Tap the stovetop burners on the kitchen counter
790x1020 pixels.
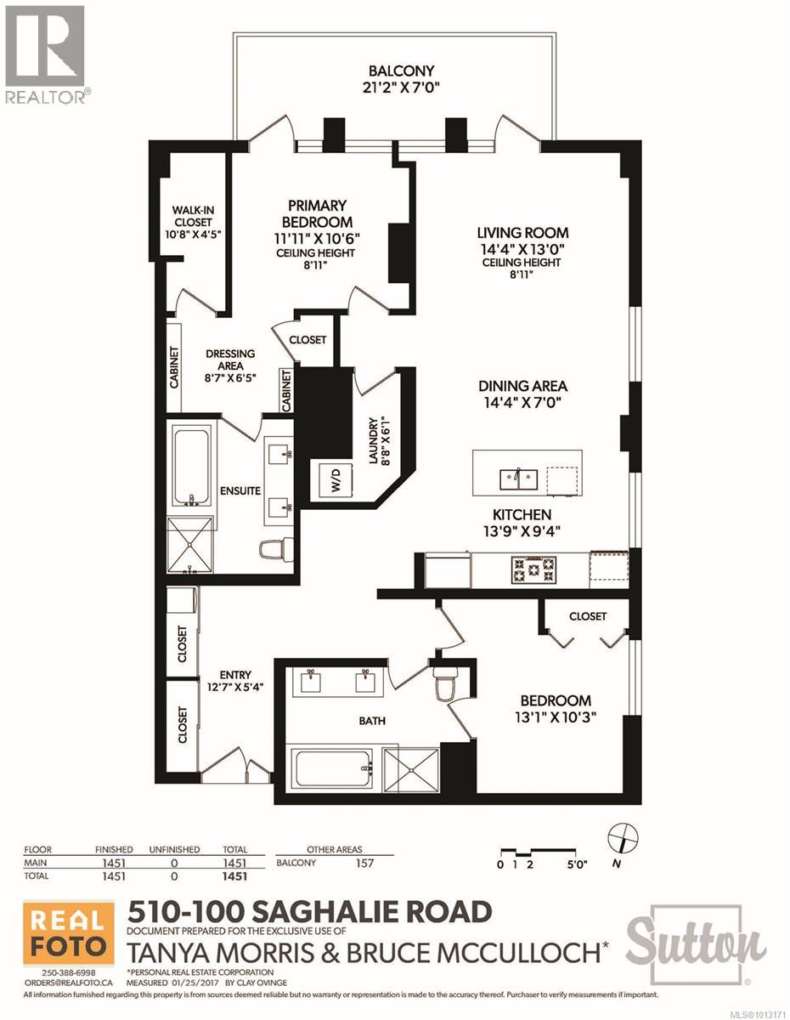[x=534, y=569]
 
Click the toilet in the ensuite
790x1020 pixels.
[x=277, y=550]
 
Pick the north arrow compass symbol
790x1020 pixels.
[x=623, y=838]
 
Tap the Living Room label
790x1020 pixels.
[x=522, y=233]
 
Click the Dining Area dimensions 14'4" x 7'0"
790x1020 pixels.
[x=522, y=402]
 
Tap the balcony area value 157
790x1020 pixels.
[x=364, y=864]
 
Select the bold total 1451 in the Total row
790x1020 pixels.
[x=234, y=875]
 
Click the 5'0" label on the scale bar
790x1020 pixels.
[x=577, y=864]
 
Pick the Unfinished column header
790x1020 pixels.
[x=174, y=850]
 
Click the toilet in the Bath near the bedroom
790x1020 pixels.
[x=445, y=684]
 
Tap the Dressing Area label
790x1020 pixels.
[x=230, y=360]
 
